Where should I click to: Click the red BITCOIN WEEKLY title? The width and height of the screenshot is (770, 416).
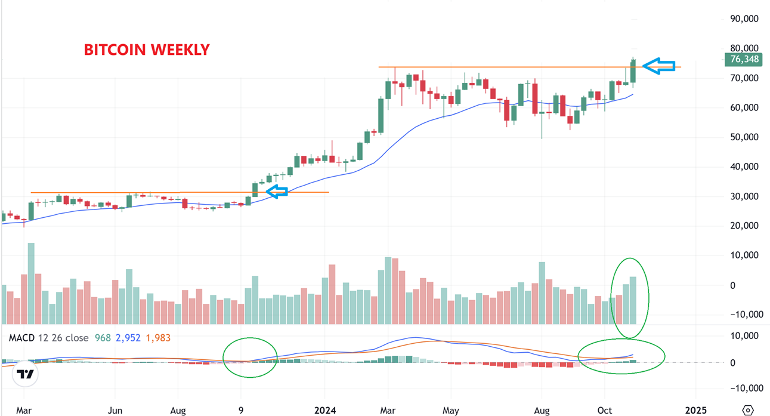coord(147,50)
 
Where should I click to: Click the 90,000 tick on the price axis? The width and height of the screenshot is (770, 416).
coord(744,19)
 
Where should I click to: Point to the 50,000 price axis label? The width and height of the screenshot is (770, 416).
coord(744,137)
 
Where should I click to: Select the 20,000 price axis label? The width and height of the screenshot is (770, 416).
coord(744,226)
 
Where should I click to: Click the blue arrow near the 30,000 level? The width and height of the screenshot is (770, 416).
coord(277,192)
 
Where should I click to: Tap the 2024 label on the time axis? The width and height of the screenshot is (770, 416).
coord(325,411)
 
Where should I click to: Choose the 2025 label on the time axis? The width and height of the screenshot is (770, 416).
coord(695,411)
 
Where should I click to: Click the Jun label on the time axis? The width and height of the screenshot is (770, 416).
coord(115,411)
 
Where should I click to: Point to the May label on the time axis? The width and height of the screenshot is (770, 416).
coord(451,411)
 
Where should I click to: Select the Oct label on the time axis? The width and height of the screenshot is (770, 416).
coord(605,411)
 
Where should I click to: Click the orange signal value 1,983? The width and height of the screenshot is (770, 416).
coord(157,338)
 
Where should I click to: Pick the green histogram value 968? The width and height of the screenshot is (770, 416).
coord(103,338)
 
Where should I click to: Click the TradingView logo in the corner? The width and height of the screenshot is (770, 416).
coord(25,374)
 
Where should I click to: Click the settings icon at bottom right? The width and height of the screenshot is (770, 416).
coord(748,410)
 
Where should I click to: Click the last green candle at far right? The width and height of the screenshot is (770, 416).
coord(633,70)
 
